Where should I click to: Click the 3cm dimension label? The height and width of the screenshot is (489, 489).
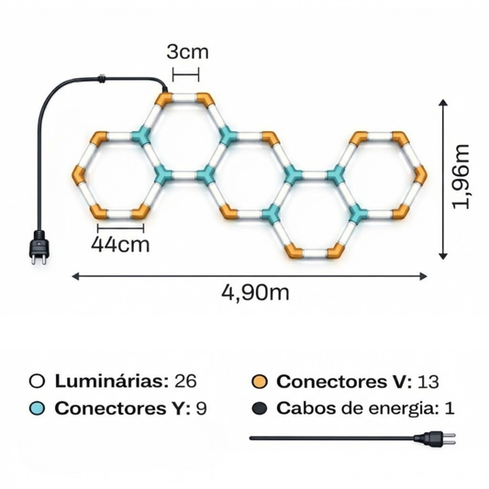[186, 51]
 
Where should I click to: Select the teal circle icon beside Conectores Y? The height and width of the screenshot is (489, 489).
[38, 408]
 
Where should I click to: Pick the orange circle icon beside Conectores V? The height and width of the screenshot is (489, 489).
[260, 381]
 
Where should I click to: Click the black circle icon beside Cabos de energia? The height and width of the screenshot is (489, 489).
[260, 408]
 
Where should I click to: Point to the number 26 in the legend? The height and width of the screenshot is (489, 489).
[184, 381]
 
